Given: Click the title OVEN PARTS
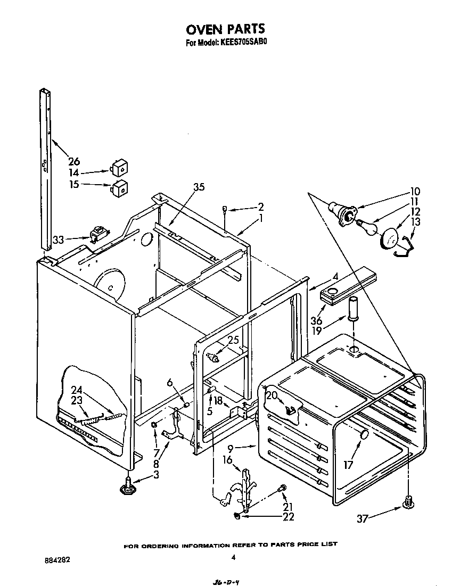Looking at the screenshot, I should (226, 29).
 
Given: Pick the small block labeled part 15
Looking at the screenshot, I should (119, 187).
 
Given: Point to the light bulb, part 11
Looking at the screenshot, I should (368, 227).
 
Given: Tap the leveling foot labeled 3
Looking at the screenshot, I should (128, 485).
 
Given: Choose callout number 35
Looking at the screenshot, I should (199, 187).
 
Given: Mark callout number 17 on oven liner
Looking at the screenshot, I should (349, 464).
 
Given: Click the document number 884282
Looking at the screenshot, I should (57, 560).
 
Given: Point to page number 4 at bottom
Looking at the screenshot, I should (233, 558).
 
